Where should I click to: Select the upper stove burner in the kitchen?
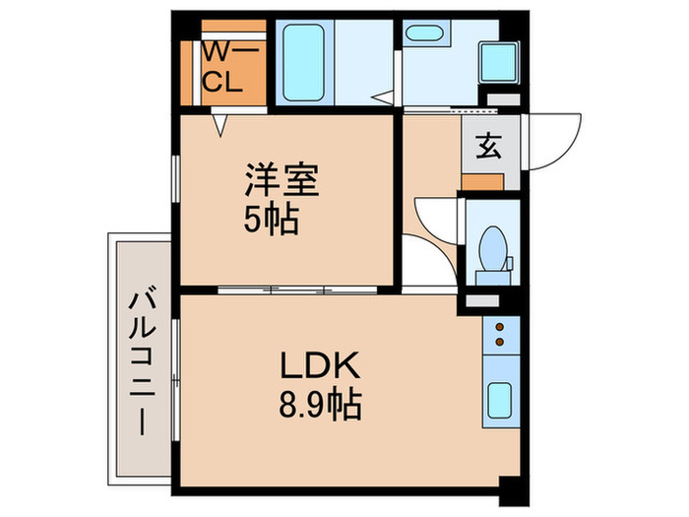point(499,328)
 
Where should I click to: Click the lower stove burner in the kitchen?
point(499,343)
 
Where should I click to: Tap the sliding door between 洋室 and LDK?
point(295,290)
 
